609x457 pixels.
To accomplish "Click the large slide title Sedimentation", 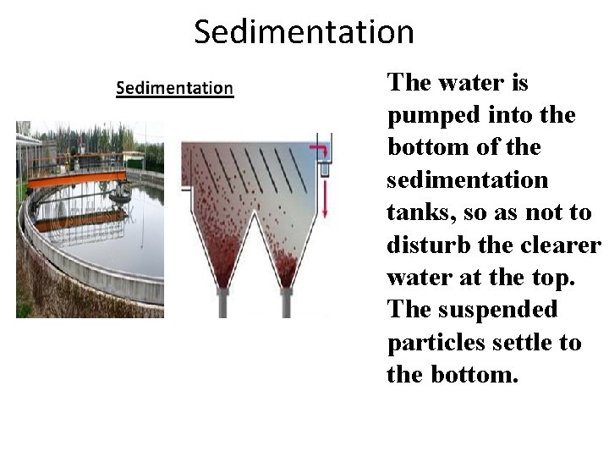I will (x=304, y=32).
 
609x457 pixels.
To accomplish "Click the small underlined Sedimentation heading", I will (x=174, y=88).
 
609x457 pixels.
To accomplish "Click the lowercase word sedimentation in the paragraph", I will (x=468, y=180).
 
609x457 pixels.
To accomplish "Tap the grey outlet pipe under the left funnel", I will (x=222, y=302).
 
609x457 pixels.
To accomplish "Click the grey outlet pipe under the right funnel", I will (x=287, y=302).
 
